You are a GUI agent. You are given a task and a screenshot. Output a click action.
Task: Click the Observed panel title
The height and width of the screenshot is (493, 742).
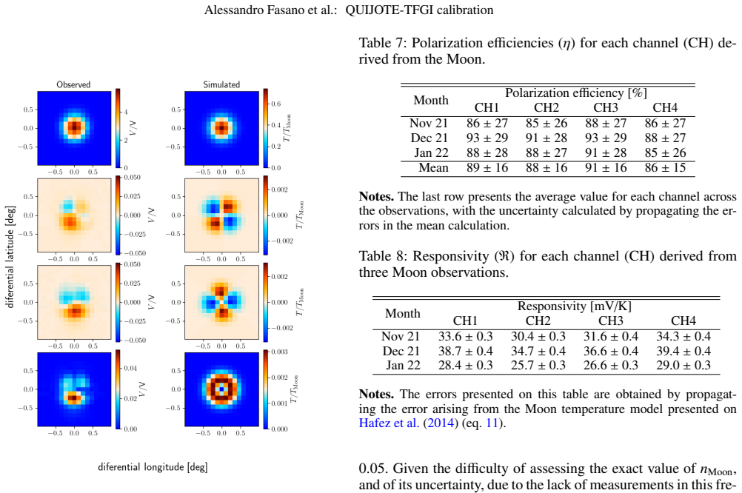coord(73,84)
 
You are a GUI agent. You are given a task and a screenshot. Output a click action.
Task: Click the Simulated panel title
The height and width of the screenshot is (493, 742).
coord(221,84)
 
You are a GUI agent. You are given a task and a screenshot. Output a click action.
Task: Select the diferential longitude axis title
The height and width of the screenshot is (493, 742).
coord(153,467)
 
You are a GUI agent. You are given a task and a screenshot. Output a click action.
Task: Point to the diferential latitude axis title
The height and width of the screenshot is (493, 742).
coord(10,257)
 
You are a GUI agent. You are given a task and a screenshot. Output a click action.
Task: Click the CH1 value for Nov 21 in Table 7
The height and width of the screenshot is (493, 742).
coord(487,124)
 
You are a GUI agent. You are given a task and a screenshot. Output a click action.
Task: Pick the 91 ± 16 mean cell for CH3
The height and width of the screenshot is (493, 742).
coord(606,168)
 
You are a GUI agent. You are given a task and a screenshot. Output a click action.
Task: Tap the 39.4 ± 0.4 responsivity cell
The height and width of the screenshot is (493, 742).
coord(683,351)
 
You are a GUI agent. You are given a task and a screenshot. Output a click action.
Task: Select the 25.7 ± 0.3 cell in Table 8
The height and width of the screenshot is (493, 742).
coord(538,365)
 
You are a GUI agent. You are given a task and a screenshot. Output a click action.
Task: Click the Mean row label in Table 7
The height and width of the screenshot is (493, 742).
coord(433,168)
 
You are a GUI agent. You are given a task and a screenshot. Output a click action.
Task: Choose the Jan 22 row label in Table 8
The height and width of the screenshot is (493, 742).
coord(403,365)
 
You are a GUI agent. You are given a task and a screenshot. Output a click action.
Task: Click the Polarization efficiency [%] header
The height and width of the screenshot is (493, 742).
coord(576,93)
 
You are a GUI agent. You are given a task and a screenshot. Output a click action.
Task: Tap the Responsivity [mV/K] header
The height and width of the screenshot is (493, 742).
coord(575,306)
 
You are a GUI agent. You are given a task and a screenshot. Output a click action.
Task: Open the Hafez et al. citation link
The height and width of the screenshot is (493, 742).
coord(390,423)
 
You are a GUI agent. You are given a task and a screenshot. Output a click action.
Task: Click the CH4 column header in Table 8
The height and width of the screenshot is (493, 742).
coord(683,321)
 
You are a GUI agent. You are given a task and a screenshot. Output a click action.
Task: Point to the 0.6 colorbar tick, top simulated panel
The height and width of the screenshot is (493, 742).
coord(276,104)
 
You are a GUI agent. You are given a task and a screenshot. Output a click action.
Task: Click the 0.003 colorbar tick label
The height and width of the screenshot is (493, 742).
coord(279,352)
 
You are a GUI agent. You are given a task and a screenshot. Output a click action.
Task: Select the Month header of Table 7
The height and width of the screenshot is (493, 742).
coord(431,101)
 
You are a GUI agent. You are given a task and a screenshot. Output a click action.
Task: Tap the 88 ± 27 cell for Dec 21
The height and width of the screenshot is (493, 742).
coord(665,138)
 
